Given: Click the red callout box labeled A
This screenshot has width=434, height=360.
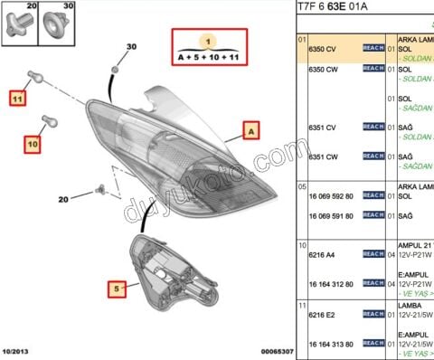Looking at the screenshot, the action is [250, 131].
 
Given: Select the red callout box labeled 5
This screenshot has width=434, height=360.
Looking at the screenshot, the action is [116, 289].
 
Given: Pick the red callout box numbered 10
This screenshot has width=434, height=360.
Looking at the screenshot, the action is [33, 143].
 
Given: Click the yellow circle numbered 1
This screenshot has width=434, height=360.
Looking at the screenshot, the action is [207, 42].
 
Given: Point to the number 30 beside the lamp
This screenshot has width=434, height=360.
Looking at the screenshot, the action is [131, 46].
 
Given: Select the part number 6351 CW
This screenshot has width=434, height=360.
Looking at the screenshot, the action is [323, 156].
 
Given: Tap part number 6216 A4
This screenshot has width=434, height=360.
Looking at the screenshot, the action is [323, 256].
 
